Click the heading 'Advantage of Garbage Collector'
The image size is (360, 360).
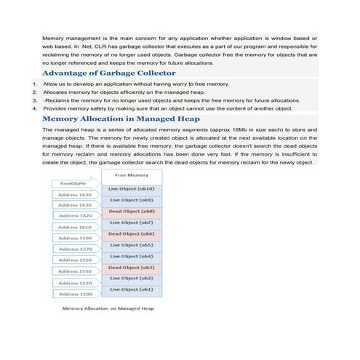click(108, 73)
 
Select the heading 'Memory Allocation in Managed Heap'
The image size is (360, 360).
click(121, 119)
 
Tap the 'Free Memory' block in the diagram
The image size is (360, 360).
click(132, 175)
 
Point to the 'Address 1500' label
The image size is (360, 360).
click(75, 295)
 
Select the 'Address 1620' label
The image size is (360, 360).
click(75, 216)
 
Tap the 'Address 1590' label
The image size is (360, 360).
click(75, 238)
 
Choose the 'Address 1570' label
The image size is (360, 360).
click(75, 249)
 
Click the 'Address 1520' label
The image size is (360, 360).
click(75, 283)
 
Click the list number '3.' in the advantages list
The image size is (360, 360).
click(36, 100)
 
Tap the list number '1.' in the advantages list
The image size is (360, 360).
click(36, 84)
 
